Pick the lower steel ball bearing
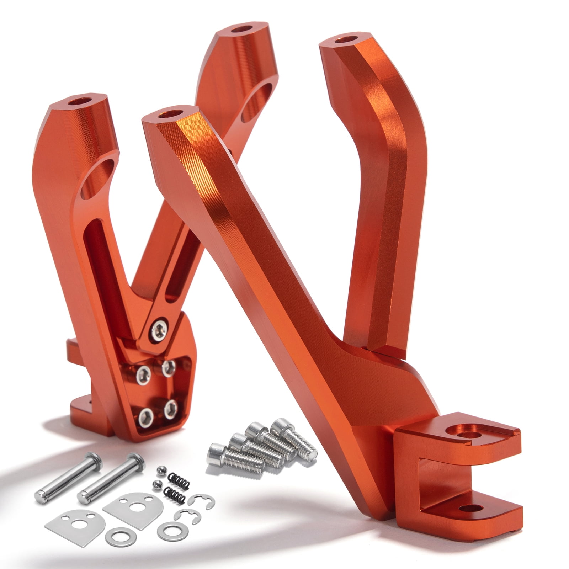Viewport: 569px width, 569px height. [x=156, y=484]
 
